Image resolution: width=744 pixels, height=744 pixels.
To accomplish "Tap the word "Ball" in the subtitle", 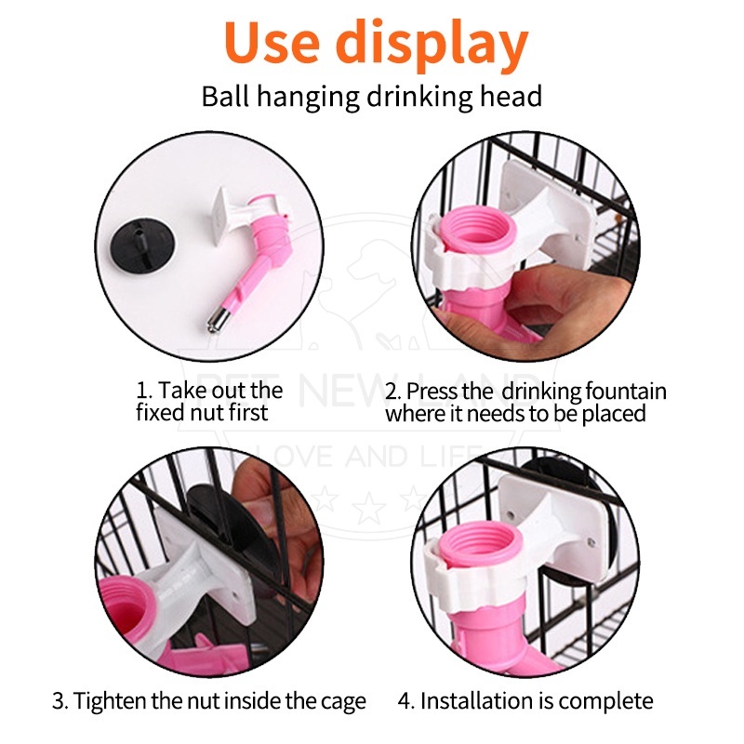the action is click(x=225, y=97).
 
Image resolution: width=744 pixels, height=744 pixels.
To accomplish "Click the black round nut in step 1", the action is click(x=142, y=246).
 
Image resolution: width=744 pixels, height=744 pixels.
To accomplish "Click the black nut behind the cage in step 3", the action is click(x=232, y=522).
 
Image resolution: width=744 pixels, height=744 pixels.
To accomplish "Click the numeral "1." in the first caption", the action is click(x=144, y=391).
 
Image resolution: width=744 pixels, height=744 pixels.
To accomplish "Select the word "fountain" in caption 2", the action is click(x=625, y=392).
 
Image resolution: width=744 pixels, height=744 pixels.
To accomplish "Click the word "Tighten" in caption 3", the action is click(x=110, y=702).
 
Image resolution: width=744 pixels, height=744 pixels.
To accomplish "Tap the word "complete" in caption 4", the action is click(x=609, y=702).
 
